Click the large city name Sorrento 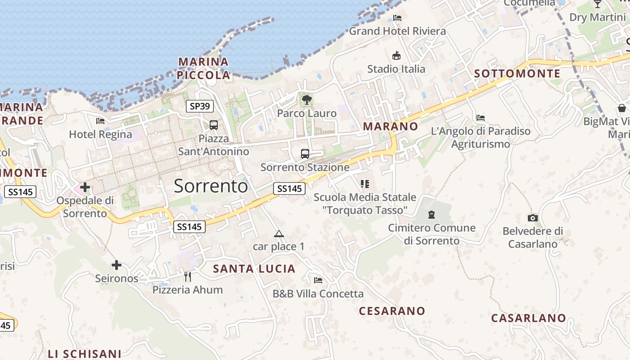[211, 186]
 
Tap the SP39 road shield [200, 106]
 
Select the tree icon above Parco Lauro [307, 100]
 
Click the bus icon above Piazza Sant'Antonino [214, 125]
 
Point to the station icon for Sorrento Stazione [305, 154]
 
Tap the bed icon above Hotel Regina [100, 121]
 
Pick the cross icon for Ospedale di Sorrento [85, 187]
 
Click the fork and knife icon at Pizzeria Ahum [188, 276]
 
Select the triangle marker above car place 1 [279, 234]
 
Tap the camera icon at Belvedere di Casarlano [533, 218]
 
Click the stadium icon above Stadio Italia [396, 56]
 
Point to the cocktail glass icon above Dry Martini [598, 4]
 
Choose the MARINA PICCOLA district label [203, 68]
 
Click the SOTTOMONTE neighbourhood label [517, 73]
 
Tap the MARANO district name [391, 126]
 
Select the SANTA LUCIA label [254, 269]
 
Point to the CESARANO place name [392, 311]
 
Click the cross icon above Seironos [117, 265]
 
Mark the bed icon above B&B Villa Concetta [318, 280]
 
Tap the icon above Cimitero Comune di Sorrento [432, 215]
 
